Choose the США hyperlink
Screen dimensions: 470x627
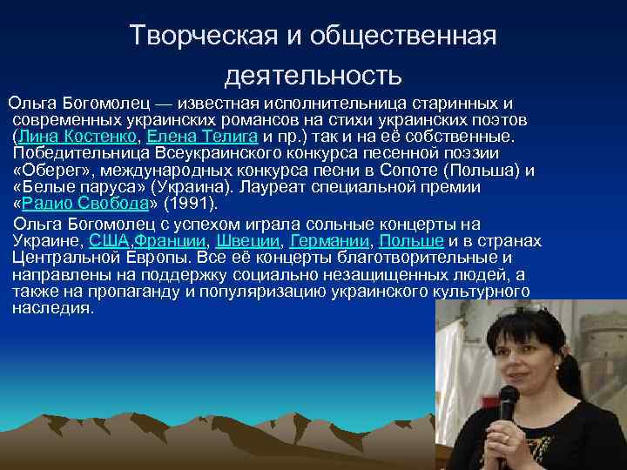click(x=109, y=240)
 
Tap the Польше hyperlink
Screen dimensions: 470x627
click(x=410, y=240)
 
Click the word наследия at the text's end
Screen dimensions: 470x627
click(x=53, y=308)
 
